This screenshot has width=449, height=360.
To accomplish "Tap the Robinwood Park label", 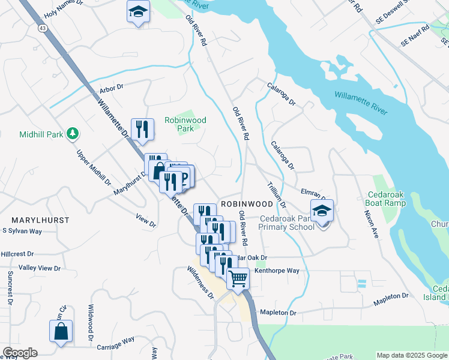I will click(185, 124).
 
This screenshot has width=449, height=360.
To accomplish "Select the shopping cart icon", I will click(238, 278).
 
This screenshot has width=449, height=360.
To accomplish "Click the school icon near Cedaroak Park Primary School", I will click(322, 211).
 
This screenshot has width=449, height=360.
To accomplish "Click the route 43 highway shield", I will click(41, 28).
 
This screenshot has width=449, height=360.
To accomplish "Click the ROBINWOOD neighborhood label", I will click(243, 204).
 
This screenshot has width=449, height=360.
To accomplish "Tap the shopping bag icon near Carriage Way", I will click(61, 331).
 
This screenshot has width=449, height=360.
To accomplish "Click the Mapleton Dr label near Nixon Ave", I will click(388, 296).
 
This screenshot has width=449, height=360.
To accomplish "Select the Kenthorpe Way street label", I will click(277, 271).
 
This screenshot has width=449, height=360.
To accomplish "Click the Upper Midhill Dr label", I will click(94, 167).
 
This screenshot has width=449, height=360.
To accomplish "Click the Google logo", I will click(19, 353).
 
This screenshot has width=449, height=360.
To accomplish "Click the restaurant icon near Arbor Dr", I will click(142, 129).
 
